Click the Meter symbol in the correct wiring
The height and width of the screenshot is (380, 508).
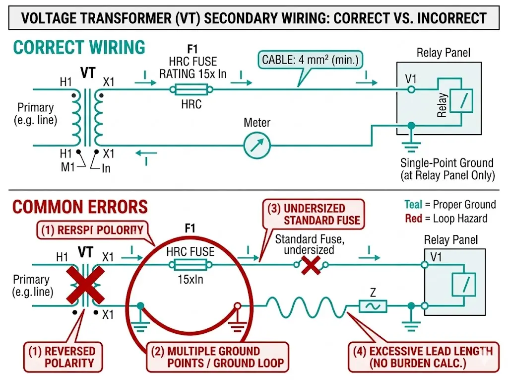(256, 145)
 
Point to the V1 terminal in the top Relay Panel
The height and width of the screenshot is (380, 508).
(411, 89)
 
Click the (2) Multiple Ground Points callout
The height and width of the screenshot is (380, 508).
(218, 357)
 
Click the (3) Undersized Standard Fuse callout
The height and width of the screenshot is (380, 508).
(314, 214)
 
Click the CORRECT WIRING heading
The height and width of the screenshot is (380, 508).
(79, 48)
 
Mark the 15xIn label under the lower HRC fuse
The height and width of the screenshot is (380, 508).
(191, 279)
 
